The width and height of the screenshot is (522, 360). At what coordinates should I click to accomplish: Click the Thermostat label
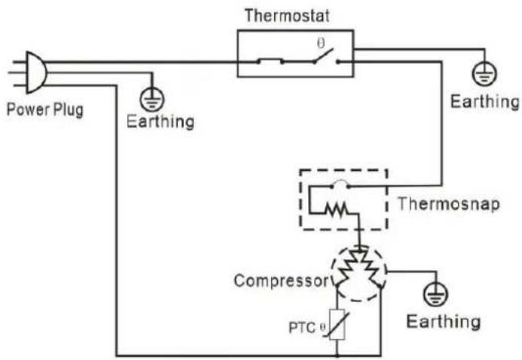(287, 16)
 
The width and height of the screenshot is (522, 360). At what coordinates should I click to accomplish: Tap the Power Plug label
(45, 110)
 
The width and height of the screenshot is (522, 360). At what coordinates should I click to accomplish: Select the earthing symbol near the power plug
(152, 99)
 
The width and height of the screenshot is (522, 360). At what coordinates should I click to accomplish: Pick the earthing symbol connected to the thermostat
(484, 74)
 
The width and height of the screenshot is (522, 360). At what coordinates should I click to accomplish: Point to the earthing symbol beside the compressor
(435, 294)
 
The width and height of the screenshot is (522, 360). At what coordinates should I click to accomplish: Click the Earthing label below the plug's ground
(160, 121)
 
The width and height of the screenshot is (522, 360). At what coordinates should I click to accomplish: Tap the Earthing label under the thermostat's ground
(485, 102)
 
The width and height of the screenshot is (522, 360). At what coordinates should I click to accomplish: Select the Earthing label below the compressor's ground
(444, 322)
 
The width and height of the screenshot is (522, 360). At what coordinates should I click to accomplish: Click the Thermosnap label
(449, 203)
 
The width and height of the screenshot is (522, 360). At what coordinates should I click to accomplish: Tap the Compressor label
(281, 281)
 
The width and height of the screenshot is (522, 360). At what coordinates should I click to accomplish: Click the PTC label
(302, 328)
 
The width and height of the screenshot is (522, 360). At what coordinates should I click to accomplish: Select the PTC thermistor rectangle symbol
(337, 325)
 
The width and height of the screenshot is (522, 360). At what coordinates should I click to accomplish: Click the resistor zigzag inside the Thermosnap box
(337, 209)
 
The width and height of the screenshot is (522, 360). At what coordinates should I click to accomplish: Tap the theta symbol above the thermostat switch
(321, 43)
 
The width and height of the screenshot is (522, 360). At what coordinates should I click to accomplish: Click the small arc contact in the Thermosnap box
(340, 184)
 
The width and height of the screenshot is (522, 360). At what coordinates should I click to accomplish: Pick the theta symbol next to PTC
(322, 327)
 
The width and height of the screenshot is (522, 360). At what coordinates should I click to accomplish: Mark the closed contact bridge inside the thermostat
(270, 61)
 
